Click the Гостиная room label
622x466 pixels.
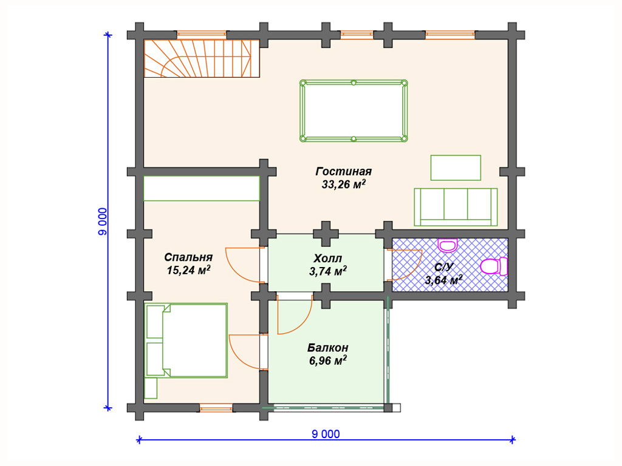[x=344, y=172]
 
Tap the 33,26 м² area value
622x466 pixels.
[x=344, y=184]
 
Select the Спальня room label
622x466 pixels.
[x=188, y=257]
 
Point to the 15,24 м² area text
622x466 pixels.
[x=188, y=270]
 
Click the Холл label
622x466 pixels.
[x=327, y=258]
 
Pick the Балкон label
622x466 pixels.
[x=327, y=348]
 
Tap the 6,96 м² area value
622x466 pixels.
[x=327, y=360]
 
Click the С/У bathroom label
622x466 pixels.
[x=443, y=267]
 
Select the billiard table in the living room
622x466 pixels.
[x=354, y=111]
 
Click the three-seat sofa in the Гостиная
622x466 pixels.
[x=456, y=207]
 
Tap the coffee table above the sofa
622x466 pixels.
[x=456, y=167]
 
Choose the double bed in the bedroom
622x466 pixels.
[x=186, y=340]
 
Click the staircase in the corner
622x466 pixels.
[x=202, y=58]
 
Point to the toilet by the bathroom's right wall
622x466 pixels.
[x=494, y=266]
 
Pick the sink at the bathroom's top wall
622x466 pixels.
[x=448, y=245]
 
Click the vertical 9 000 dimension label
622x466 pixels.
[x=102, y=221]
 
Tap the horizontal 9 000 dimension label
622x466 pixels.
[x=326, y=434]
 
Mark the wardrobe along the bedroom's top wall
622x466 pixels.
[x=202, y=188]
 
